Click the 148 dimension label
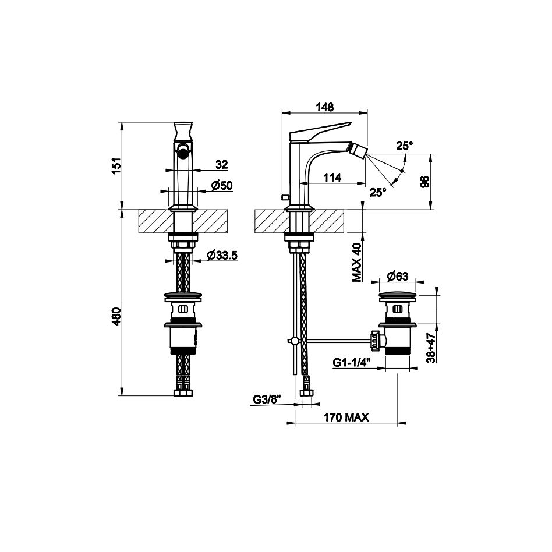click(324, 107)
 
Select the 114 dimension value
click(332, 178)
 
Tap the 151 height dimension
click(116, 165)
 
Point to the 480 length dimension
click(116, 316)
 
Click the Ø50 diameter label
click(222, 185)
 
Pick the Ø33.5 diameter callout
click(222, 255)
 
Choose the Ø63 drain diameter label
click(398, 277)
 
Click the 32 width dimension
click(222, 164)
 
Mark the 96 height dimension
click(426, 182)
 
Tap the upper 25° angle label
click(405, 146)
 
